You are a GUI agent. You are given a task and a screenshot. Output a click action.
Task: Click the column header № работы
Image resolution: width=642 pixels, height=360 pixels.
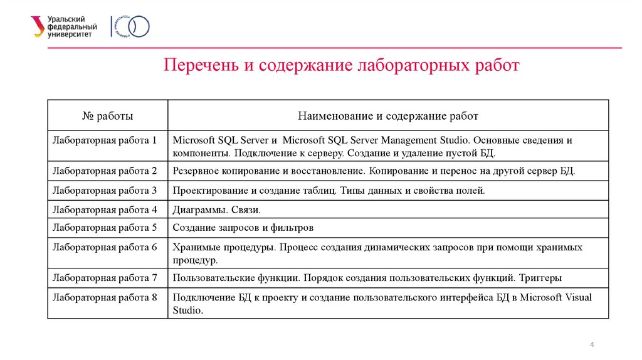(x=108, y=116)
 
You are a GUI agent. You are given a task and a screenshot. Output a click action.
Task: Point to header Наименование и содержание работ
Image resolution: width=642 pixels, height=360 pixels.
(x=387, y=116)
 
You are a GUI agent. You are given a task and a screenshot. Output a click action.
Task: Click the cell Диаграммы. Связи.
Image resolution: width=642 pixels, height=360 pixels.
(x=216, y=209)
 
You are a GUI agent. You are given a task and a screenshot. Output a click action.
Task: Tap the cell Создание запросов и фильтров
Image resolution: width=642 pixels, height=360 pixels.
(x=243, y=228)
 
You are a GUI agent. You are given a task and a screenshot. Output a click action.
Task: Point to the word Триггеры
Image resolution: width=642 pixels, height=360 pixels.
(x=542, y=277)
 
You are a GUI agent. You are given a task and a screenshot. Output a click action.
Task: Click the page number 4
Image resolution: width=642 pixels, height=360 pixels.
(x=592, y=346)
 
